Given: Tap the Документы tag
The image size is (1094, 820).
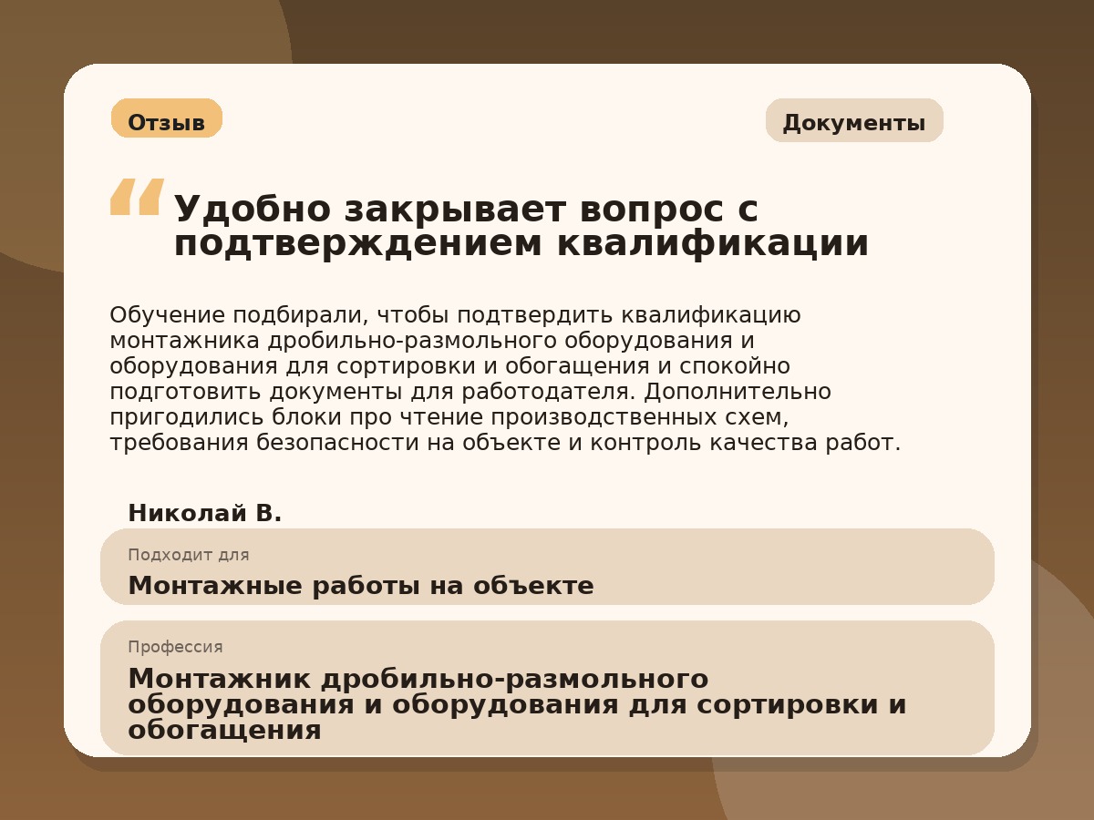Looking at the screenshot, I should [853, 122].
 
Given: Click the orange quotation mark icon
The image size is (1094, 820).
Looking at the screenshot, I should [137, 197].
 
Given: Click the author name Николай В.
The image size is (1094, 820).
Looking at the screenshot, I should [204, 514].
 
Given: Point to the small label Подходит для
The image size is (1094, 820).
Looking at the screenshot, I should [188, 555].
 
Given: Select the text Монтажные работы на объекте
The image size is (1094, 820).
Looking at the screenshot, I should [360, 586].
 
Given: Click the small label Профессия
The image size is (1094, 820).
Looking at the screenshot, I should [175, 647].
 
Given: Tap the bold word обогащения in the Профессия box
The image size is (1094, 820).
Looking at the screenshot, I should [224, 730].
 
